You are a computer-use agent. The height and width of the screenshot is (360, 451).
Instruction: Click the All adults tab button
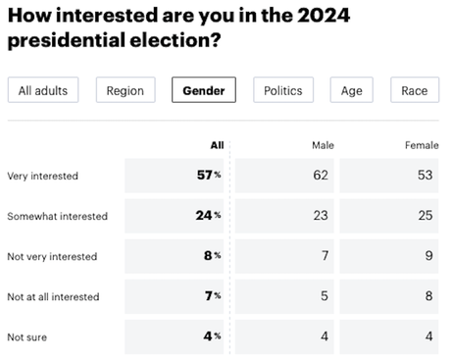[x=43, y=91]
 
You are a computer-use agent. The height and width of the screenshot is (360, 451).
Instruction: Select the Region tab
[x=126, y=91]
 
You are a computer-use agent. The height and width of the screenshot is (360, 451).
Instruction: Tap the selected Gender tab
[x=204, y=91]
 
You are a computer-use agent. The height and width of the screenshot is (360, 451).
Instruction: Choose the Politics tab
[x=283, y=91]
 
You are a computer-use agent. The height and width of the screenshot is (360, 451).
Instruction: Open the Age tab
[x=351, y=91]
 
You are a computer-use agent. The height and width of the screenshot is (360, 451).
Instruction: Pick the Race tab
[x=414, y=91]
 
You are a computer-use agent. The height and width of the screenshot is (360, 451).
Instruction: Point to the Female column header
[x=422, y=145]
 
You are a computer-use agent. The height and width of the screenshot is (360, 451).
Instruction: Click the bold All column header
[x=217, y=145]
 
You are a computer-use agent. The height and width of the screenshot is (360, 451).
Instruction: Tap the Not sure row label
[x=27, y=336]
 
